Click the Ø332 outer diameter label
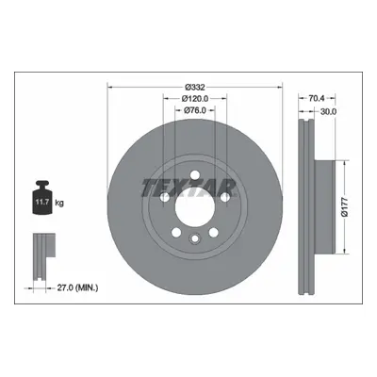[195, 87]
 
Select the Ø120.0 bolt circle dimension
[195, 99]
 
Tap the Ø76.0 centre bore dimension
[195, 110]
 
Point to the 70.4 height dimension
[317, 98]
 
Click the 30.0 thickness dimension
[328, 111]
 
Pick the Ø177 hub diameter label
[345, 207]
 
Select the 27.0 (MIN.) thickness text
[77, 287]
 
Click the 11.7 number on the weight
[41, 202]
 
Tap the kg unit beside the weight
[59, 203]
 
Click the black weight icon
[41, 198]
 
